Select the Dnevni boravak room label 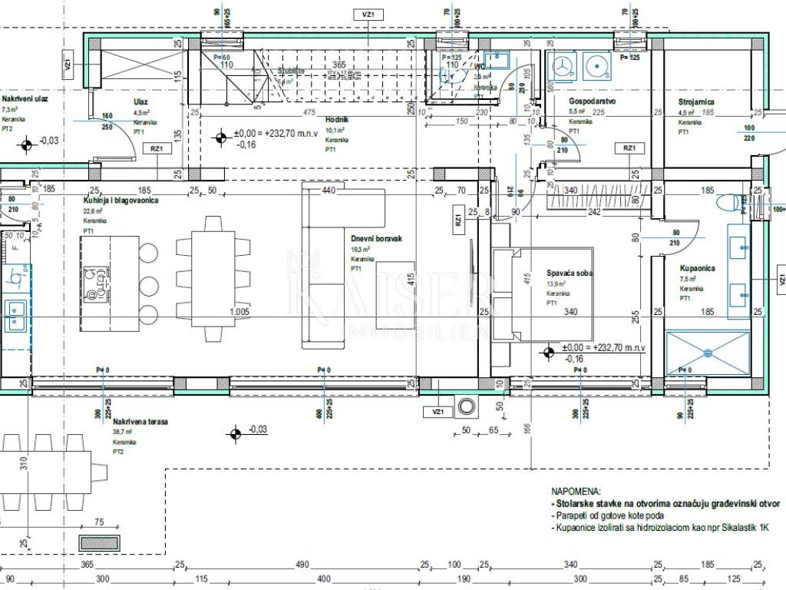click(376, 239)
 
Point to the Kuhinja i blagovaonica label click(122, 201)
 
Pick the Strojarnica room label click(697, 101)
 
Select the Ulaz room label click(140, 101)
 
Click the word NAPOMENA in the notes click(576, 491)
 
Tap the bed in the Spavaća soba click(542, 293)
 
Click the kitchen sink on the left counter click(15, 312)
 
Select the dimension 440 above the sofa click(329, 190)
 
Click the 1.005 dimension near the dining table click(240, 312)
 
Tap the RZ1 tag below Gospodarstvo click(629, 147)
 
